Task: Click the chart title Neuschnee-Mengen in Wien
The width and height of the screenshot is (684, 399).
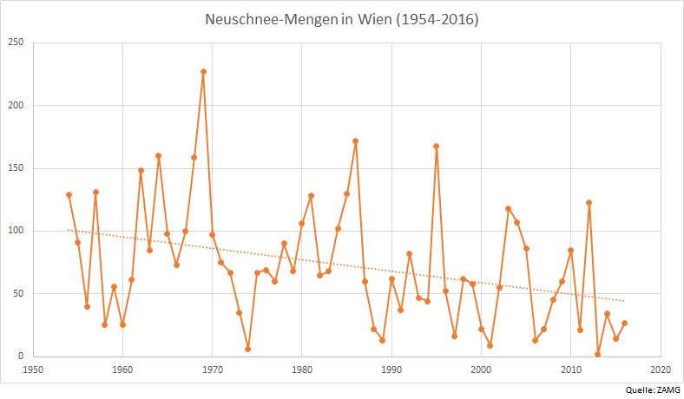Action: (x=342, y=18)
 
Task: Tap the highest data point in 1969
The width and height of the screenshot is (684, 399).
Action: (x=203, y=72)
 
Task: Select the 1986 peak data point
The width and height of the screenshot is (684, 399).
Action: (x=356, y=141)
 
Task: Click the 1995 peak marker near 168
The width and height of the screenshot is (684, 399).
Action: (x=436, y=146)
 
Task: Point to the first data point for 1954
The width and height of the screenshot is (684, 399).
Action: (x=69, y=194)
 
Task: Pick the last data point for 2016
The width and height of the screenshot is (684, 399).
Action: (x=624, y=323)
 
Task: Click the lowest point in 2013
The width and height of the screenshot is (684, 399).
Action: (x=597, y=354)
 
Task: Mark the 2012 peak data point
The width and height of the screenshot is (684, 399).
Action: (x=589, y=202)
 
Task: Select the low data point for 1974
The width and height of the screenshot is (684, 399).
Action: (x=248, y=349)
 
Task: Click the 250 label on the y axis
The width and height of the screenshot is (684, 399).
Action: (x=16, y=43)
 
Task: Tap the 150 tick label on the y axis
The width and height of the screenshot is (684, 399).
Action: (x=16, y=168)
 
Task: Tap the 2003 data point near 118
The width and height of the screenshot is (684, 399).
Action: (x=508, y=208)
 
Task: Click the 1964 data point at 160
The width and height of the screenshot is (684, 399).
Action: (x=159, y=156)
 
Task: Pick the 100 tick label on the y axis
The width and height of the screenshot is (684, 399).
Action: (x=16, y=231)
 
